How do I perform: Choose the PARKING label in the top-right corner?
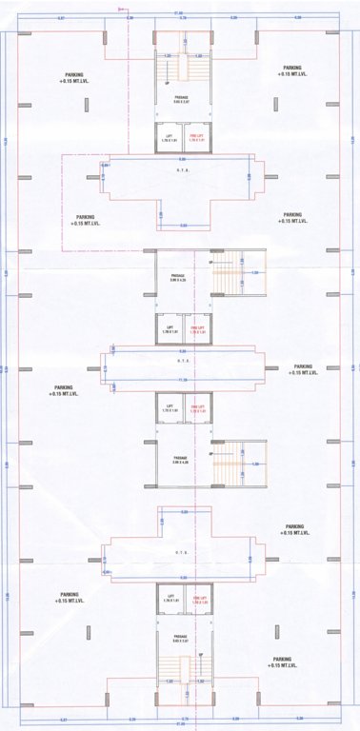(291, 70)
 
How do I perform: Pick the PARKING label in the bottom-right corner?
(282, 662)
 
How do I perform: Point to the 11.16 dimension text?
(180, 380)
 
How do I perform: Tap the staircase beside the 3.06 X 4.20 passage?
(229, 276)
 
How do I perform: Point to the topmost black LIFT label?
(168, 140)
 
